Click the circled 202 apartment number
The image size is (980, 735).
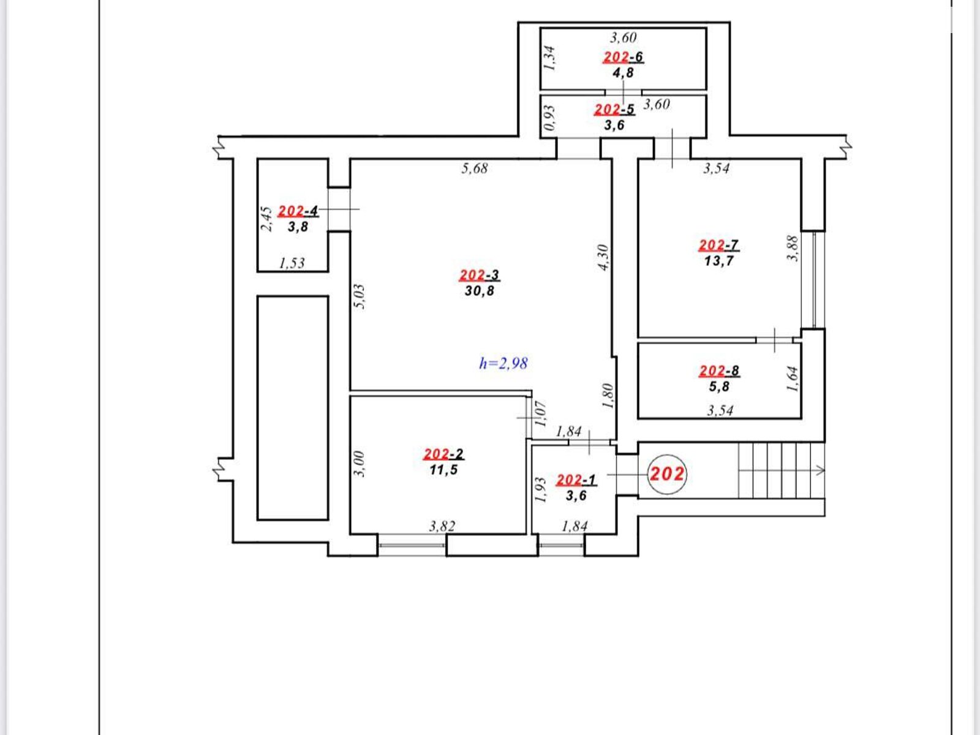[666, 474]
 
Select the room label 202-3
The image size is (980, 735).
[480, 275]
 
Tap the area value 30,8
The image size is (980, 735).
[480, 291]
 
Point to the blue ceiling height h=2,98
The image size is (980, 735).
[503, 363]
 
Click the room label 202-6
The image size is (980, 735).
[623, 57]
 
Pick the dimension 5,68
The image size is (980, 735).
[475, 168]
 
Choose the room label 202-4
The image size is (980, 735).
[298, 211]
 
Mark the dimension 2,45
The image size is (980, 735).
[266, 218]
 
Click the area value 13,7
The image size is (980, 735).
[719, 261]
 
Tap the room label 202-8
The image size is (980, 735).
[719, 371]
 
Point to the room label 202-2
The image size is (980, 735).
[443, 454]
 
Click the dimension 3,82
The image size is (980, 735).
[442, 527]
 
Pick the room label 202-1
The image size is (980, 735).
[576, 480]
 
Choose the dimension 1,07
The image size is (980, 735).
[540, 413]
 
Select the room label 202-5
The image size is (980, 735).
[614, 110]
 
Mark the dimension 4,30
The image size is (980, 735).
[603, 257]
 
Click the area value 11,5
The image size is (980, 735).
[443, 470]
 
